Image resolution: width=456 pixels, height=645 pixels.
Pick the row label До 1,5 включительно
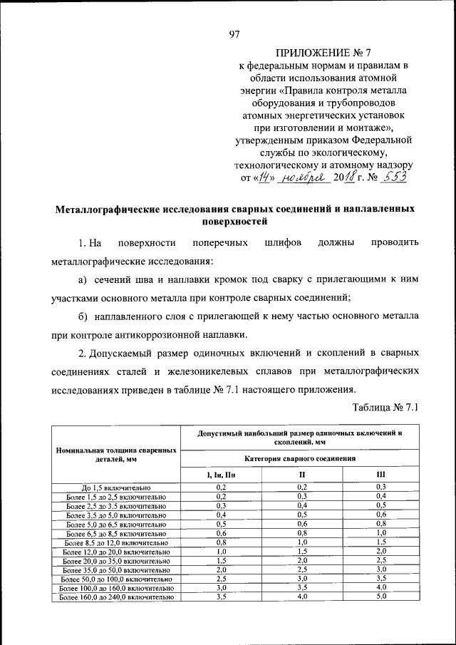tap(116, 487)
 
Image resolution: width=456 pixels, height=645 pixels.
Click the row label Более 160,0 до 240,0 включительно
tap(116, 598)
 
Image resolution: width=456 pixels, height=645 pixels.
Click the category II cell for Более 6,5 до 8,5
tap(301, 533)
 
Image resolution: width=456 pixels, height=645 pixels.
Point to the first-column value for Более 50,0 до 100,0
tap(221, 579)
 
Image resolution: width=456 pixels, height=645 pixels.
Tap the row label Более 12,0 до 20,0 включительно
tap(116, 552)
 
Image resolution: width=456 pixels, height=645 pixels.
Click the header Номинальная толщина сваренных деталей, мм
tap(116, 455)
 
